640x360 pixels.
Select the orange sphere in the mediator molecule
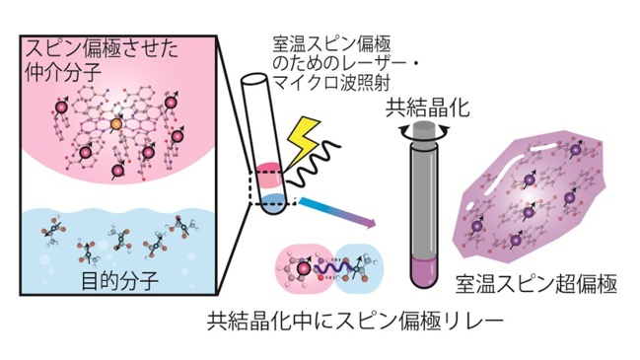point(116,123)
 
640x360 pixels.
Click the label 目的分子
point(119,281)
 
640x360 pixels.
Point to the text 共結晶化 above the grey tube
point(427,108)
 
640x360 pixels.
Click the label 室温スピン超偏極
point(535,284)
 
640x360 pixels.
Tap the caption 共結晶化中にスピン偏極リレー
point(355,322)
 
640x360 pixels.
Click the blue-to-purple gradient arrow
point(336,212)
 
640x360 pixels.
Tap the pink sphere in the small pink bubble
point(303,267)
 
